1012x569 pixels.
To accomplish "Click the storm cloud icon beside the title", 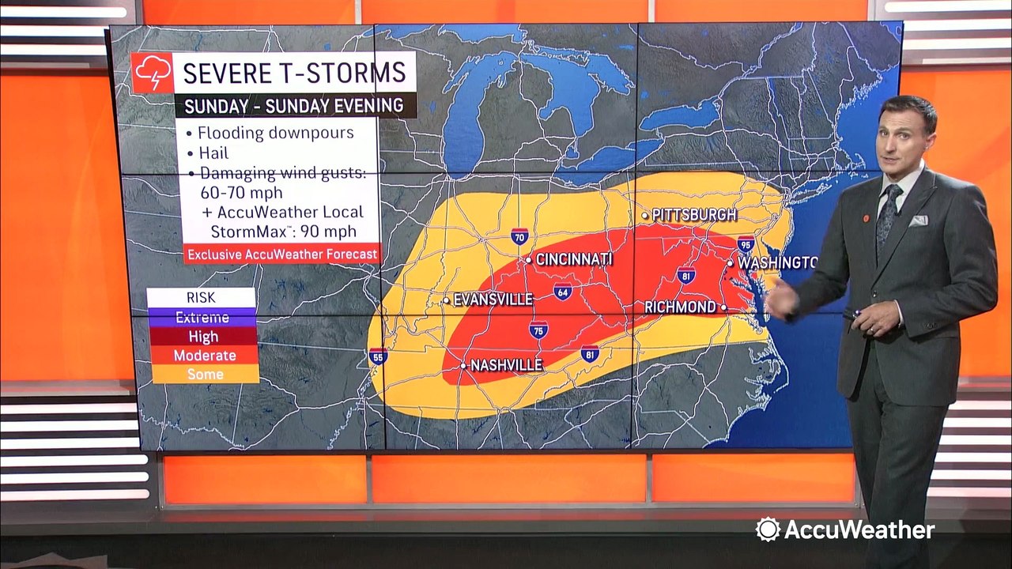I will (152, 73).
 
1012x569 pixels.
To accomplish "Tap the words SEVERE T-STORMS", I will (294, 73).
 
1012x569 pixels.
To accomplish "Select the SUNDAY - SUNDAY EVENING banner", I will (294, 105).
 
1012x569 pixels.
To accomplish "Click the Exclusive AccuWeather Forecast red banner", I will (281, 254).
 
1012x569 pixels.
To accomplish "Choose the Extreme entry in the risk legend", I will (202, 318).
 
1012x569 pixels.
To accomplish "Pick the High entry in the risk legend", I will (202, 337).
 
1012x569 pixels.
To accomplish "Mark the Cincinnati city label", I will (573, 259).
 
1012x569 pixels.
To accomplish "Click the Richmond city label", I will (680, 307).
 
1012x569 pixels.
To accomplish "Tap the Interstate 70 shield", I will (519, 236).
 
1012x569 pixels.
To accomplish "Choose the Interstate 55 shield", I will (378, 356).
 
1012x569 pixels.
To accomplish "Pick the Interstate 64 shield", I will (562, 292).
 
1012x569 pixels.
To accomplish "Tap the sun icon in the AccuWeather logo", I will (768, 529).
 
